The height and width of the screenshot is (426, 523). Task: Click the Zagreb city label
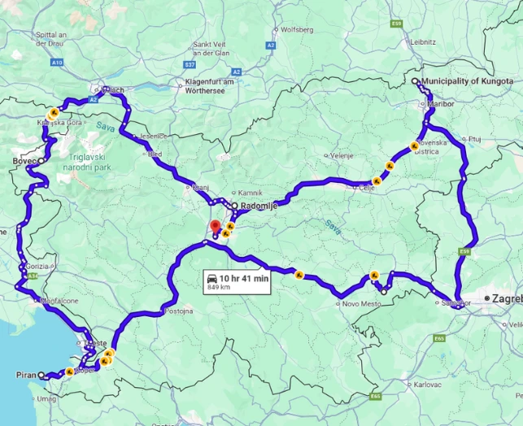click(506, 299)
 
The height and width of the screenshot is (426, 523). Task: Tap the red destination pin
click(215, 227)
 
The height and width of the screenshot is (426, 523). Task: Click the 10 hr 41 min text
click(245, 278)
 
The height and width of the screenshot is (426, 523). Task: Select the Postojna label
click(179, 311)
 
